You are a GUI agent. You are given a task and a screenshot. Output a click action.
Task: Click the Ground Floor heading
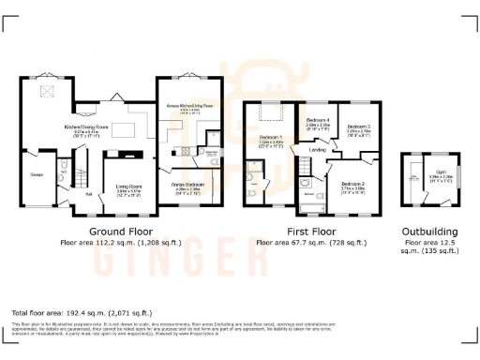tap(121, 231)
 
